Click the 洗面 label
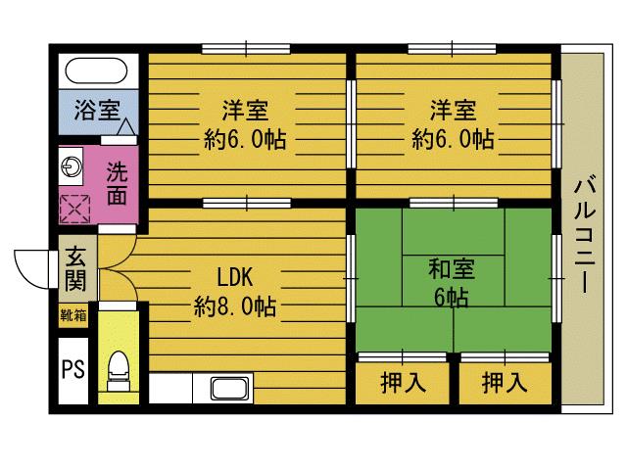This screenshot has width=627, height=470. tap(117, 181)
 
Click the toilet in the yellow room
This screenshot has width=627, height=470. tap(119, 369)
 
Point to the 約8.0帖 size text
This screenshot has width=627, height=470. tap(234, 307)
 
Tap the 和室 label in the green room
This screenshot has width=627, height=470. tap(453, 266)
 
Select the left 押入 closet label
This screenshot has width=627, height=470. tap(402, 383)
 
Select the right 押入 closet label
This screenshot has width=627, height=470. tap(505, 383)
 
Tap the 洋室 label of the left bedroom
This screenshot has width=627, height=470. tap(246, 110)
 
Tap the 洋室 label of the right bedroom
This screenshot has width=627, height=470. tap(453, 110)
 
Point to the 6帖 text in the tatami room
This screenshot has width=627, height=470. tap(453, 297)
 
